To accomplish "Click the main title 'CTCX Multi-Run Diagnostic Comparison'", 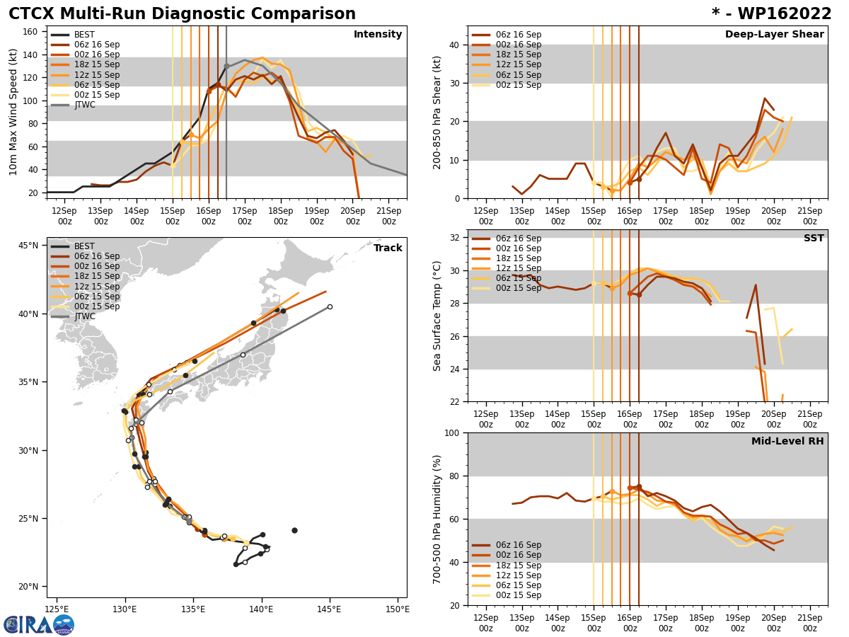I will click(182, 14).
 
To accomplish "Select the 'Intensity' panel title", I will click(378, 35).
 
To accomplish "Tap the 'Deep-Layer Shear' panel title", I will click(774, 35).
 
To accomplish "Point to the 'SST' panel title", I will click(813, 239).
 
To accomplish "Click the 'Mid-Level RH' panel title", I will click(787, 442).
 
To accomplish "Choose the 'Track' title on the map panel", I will click(388, 248).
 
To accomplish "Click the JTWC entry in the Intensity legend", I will click(85, 105).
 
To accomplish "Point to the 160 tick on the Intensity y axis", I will click(32, 32).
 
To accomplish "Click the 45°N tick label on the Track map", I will click(29, 246).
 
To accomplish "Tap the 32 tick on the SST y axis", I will click(455, 238).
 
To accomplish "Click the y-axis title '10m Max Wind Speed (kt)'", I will click(14, 112).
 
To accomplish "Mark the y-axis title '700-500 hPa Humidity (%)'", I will click(438, 519).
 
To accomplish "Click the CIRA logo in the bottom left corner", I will click(39, 624).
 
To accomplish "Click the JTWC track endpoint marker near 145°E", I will click(330, 306).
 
